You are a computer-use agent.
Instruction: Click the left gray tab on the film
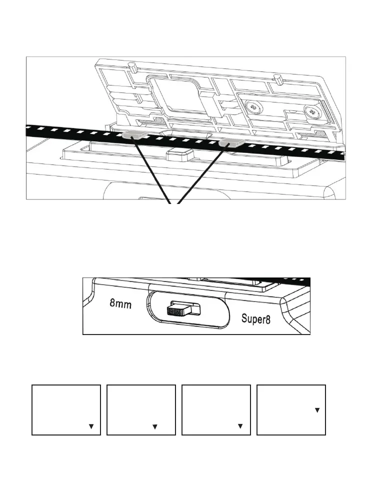(133, 135)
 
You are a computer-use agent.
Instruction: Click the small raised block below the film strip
(180, 153)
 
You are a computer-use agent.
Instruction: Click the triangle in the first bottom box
(91, 426)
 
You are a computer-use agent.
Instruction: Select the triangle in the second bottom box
(155, 426)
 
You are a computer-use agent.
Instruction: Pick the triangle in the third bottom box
(240, 426)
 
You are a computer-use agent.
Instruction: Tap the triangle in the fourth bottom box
(316, 410)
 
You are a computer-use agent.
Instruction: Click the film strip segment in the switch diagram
(292, 281)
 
